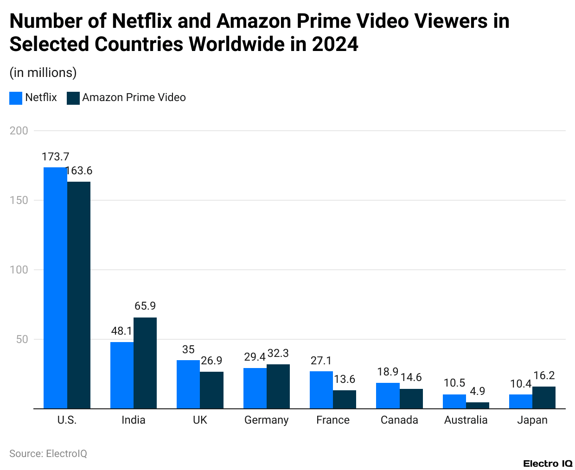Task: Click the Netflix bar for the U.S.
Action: click(55, 287)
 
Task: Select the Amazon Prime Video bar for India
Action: click(145, 363)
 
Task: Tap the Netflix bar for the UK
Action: click(188, 384)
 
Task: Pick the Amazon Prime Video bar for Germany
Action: click(278, 386)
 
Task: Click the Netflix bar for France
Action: click(321, 390)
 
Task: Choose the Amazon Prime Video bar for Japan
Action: click(544, 397)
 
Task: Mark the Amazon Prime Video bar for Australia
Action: click(478, 405)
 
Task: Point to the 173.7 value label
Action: click(55, 157)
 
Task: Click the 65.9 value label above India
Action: click(145, 306)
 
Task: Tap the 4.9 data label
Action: click(478, 391)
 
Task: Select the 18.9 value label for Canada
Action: click(388, 372)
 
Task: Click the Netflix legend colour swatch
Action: click(16, 98)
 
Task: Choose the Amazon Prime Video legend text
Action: click(134, 97)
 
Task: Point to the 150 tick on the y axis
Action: click(19, 200)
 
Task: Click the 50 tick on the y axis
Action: click(22, 339)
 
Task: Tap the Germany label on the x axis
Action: click(266, 420)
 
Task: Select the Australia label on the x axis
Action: click(466, 420)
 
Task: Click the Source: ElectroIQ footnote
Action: click(48, 453)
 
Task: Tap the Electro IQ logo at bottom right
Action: click(548, 464)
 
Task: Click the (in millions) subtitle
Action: click(43, 73)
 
